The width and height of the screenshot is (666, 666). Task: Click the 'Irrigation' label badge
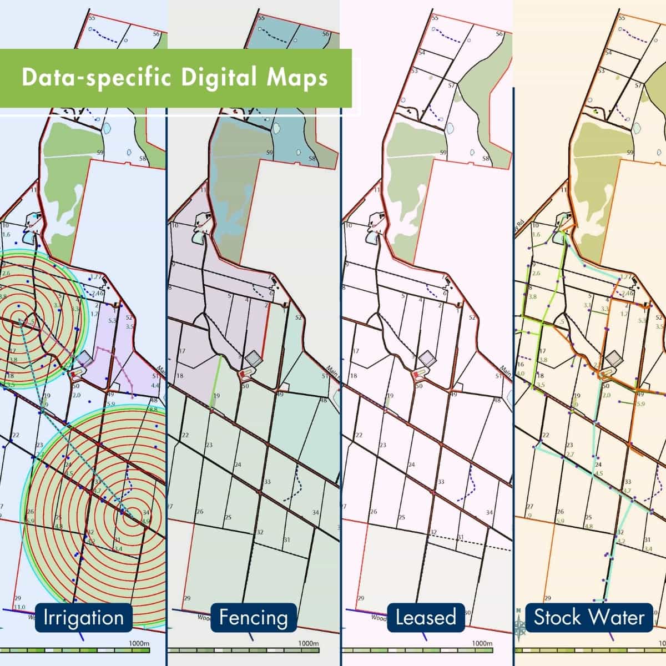pos(83,617)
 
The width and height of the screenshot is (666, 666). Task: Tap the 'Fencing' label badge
pos(253,617)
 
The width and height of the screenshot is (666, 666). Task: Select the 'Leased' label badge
pos(425,617)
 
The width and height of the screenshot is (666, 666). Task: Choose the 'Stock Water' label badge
pos(589,617)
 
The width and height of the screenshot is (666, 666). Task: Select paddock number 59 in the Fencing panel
pos(270,153)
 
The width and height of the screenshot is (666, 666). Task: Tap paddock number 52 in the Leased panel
pos(473,317)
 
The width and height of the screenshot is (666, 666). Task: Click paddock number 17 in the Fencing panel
pos(181,351)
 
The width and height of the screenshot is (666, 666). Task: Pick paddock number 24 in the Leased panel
pos(411,465)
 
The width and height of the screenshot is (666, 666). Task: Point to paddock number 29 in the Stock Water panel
pos(548,598)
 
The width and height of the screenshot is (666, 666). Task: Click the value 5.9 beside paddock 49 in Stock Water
pos(640,404)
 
